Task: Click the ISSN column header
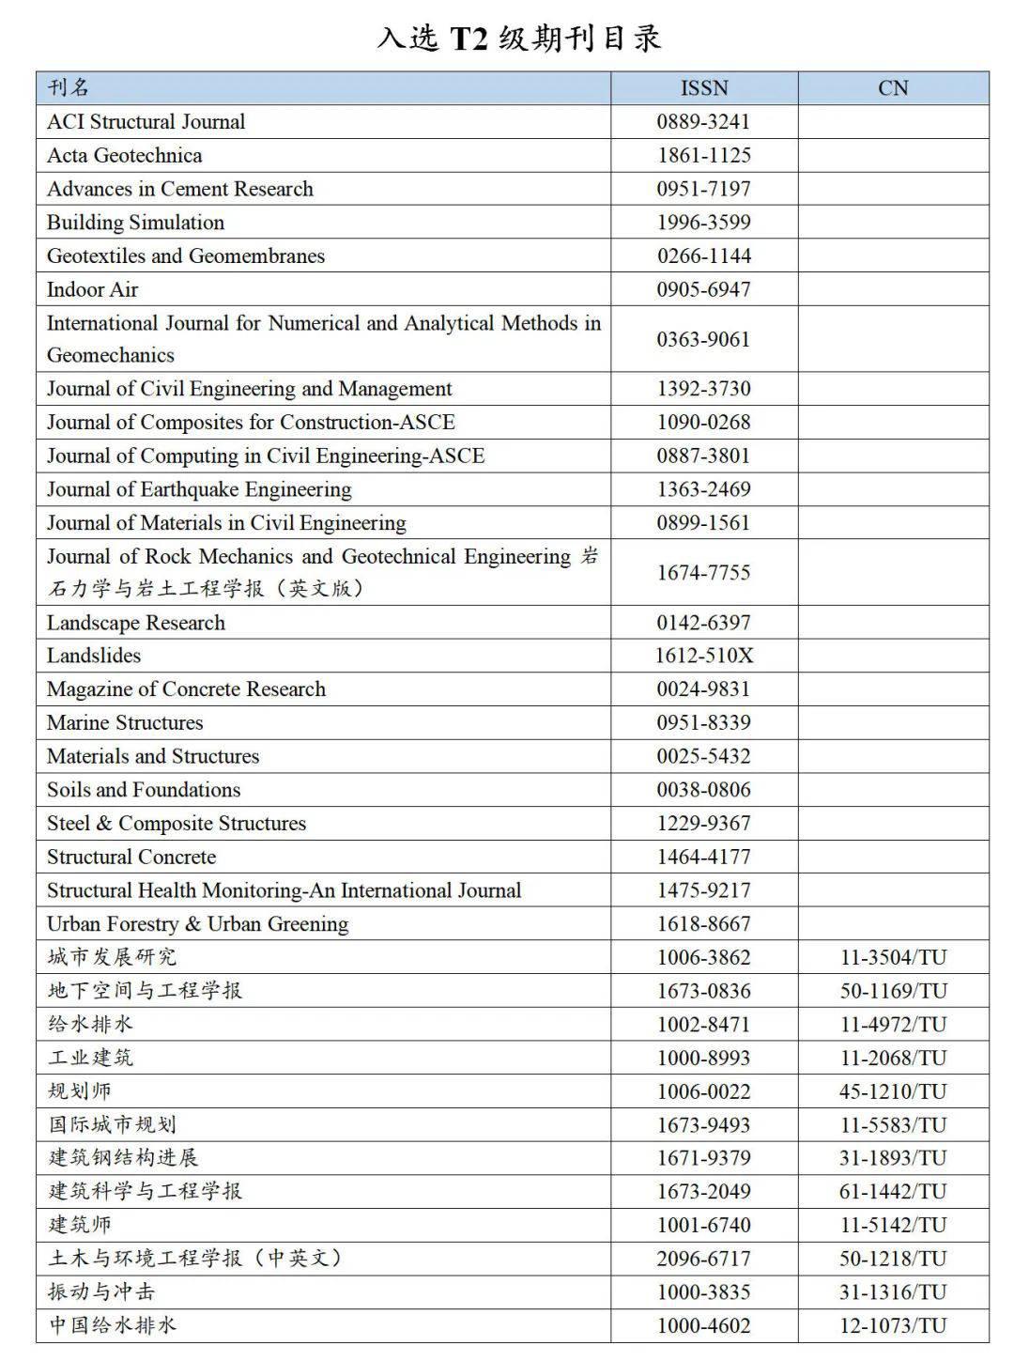pyautogui.click(x=704, y=88)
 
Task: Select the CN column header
pyautogui.click(x=893, y=88)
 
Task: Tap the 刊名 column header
pyautogui.click(x=69, y=88)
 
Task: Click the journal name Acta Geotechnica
pyautogui.click(x=124, y=155)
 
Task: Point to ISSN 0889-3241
pyautogui.click(x=703, y=122)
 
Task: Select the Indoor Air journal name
pyautogui.click(x=92, y=289)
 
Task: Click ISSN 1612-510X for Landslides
pyautogui.click(x=703, y=656)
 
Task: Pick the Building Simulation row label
pyautogui.click(x=135, y=223)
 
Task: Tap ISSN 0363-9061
pyautogui.click(x=703, y=339)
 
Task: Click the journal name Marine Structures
pyautogui.click(x=125, y=722)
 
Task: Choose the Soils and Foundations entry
pyautogui.click(x=144, y=790)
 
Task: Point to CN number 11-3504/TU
pyautogui.click(x=893, y=957)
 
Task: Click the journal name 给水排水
pyautogui.click(x=90, y=1024)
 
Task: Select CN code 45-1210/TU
pyautogui.click(x=893, y=1091)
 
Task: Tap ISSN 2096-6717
pyautogui.click(x=703, y=1259)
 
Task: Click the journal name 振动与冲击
pyautogui.click(x=101, y=1291)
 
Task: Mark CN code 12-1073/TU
pyautogui.click(x=893, y=1325)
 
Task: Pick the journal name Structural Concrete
pyautogui.click(x=131, y=857)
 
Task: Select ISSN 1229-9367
pyautogui.click(x=703, y=824)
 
